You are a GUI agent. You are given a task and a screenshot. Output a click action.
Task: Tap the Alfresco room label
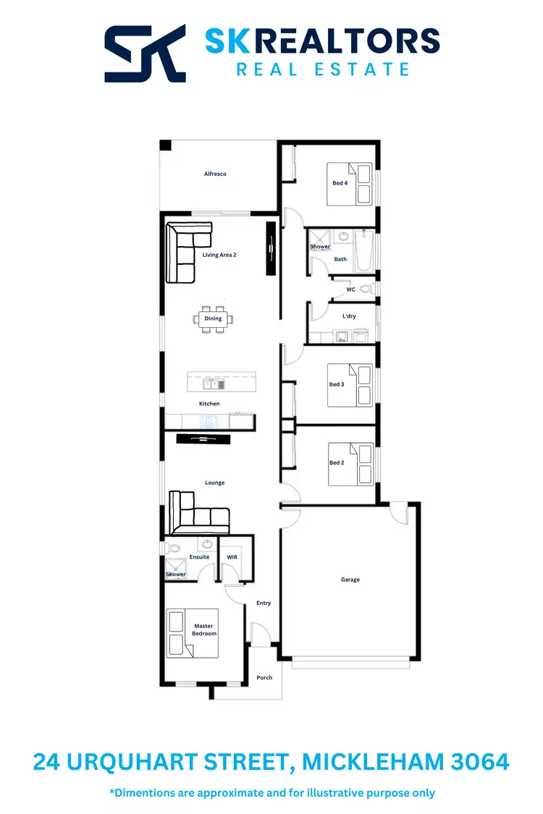pyautogui.click(x=215, y=174)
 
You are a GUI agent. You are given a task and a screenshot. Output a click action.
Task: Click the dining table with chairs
pyautogui.click(x=214, y=318)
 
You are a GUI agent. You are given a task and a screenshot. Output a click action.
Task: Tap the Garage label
pyautogui.click(x=350, y=580)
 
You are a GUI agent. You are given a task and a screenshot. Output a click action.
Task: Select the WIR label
pyautogui.click(x=232, y=557)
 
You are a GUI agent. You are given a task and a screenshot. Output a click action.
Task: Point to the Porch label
pyautogui.click(x=265, y=678)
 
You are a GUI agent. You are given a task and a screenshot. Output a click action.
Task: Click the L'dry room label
pyautogui.click(x=350, y=316)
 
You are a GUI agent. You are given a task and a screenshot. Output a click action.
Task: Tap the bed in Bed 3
pyautogui.click(x=350, y=384)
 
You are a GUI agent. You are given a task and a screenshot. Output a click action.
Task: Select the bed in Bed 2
pyautogui.click(x=350, y=463)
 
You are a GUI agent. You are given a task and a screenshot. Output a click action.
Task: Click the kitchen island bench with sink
pyautogui.click(x=221, y=381)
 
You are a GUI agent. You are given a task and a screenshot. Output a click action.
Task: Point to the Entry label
pyautogui.click(x=264, y=603)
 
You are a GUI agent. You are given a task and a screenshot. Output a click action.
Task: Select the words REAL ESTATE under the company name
pyautogui.click(x=323, y=69)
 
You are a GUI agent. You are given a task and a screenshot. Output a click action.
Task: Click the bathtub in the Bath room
pyautogui.click(x=365, y=251)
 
